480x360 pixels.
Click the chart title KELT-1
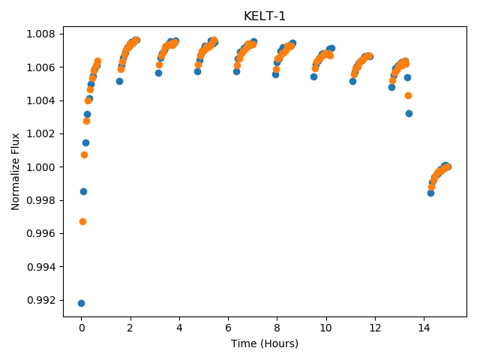click(x=265, y=16)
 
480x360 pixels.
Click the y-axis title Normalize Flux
click(x=15, y=172)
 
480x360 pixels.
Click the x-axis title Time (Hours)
click(x=265, y=343)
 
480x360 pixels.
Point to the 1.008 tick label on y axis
click(x=40, y=34)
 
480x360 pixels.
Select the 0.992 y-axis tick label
click(x=40, y=300)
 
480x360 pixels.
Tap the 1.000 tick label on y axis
click(x=40, y=167)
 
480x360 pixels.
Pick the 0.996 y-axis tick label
click(x=40, y=233)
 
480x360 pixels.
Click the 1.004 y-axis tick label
click(x=40, y=100)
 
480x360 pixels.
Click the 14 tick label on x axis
click(x=424, y=328)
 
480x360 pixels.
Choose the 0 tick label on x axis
click(x=82, y=328)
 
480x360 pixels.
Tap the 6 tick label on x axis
click(x=228, y=328)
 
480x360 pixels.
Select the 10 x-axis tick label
click(x=326, y=328)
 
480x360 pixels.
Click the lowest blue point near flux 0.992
click(x=81, y=303)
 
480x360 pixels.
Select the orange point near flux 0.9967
click(x=82, y=222)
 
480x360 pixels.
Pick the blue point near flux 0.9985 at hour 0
click(x=83, y=192)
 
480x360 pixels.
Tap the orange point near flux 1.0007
click(x=84, y=155)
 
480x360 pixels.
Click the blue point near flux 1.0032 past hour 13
click(x=409, y=113)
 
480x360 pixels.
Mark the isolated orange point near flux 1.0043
click(x=408, y=96)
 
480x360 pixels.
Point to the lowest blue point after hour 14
click(x=430, y=193)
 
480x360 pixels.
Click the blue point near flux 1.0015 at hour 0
click(x=85, y=142)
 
